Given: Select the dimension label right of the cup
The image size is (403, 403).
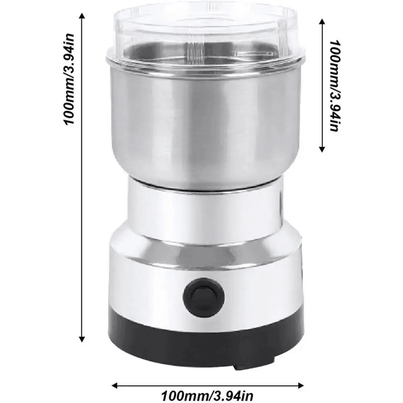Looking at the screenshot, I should click(332, 86).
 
